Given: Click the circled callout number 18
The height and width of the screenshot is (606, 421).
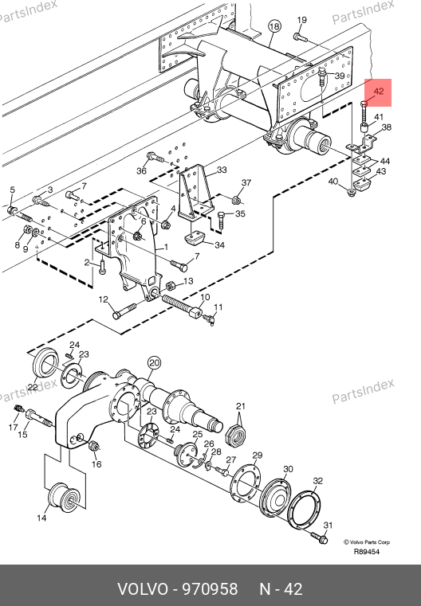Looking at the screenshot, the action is click(x=274, y=26).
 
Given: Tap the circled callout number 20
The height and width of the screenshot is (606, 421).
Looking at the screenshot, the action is click(x=154, y=363).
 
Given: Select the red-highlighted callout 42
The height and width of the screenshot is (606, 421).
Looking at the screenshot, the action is click(x=379, y=92).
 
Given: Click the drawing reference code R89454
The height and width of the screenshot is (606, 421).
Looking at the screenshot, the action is click(x=367, y=552).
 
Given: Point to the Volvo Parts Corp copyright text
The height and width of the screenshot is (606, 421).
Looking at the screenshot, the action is click(x=367, y=542).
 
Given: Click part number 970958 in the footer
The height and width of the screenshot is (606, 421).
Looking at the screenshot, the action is click(x=210, y=589).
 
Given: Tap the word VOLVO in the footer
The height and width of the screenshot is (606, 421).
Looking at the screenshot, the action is click(x=143, y=589).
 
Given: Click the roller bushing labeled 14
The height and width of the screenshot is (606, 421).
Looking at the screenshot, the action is click(x=64, y=498).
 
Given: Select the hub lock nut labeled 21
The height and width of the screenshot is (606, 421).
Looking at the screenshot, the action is click(x=237, y=434).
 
